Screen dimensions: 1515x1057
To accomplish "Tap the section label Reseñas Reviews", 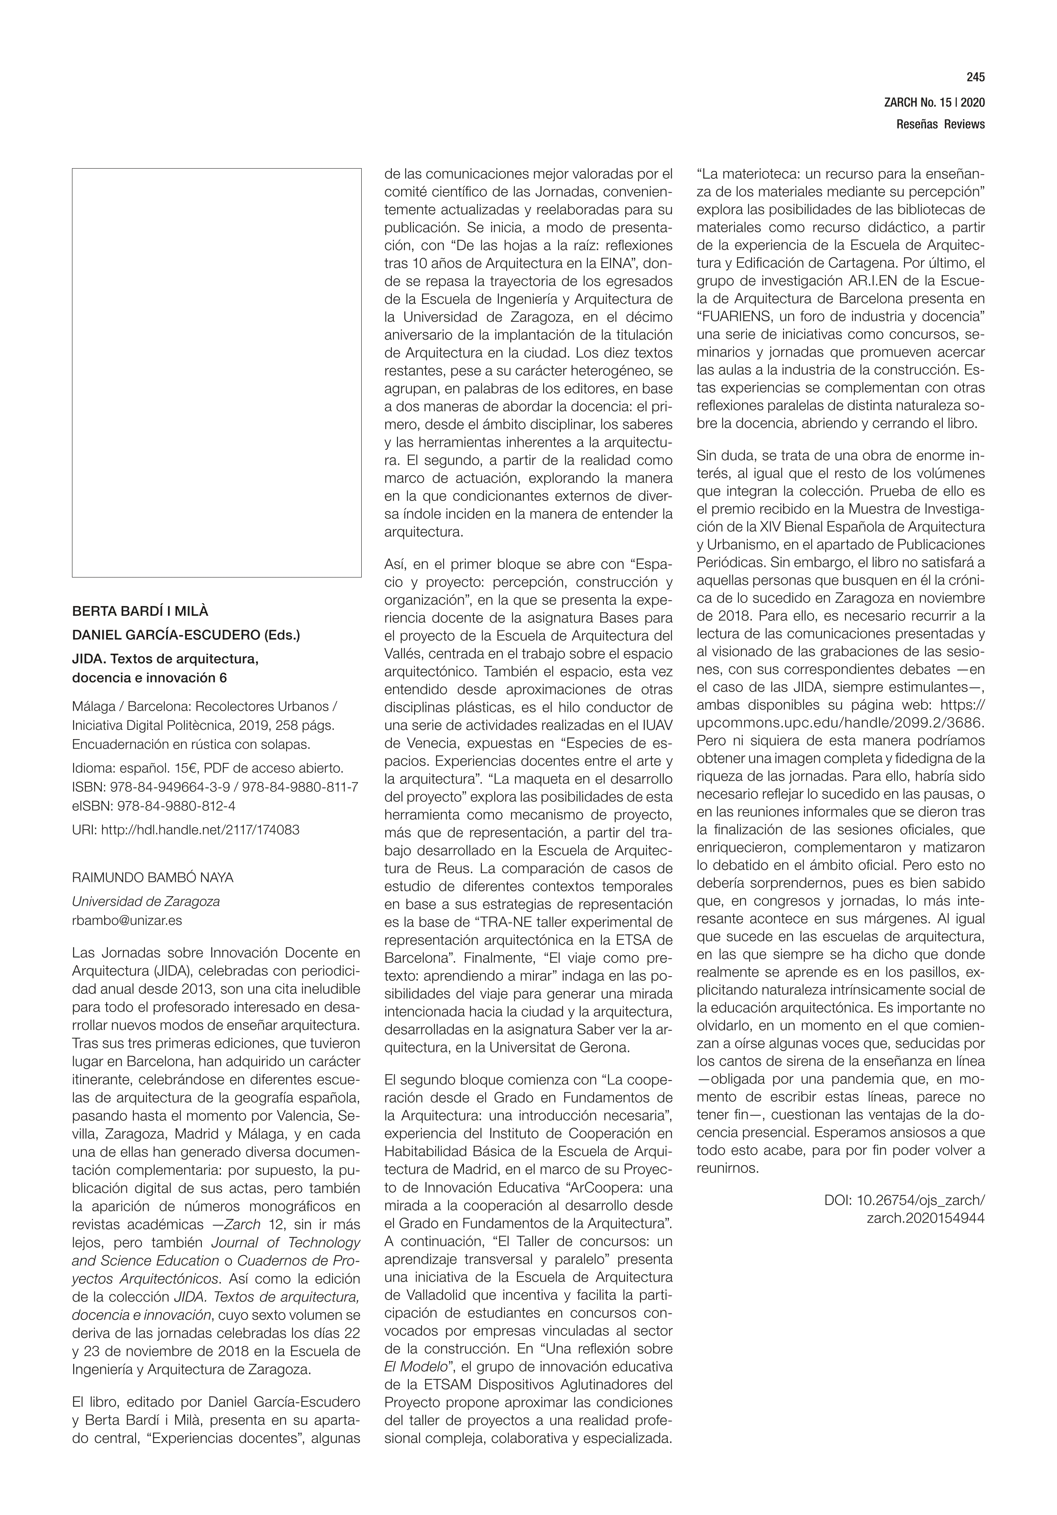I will coord(940,124).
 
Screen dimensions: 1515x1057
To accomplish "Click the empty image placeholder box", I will coord(216,373).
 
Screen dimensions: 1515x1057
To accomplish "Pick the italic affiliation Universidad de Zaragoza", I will coord(146,901).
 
